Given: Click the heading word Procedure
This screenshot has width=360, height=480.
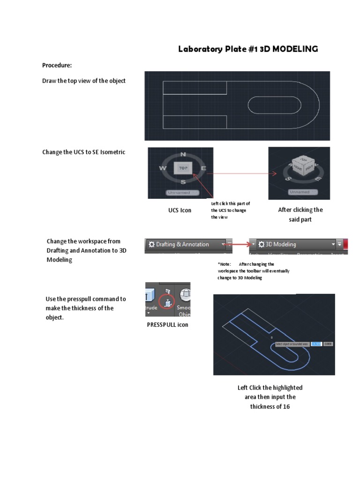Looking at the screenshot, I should tap(57, 65).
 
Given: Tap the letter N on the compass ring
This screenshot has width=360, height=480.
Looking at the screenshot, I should tap(183, 154).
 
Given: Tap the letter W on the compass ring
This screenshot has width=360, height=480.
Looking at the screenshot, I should tap(163, 168).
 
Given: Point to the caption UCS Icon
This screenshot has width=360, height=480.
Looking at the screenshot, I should tap(180, 210).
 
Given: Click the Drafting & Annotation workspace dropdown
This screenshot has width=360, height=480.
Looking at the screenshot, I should tap(185, 244).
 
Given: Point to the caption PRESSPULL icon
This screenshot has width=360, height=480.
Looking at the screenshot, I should tap(168, 325).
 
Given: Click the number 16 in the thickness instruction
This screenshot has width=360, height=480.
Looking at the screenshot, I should tap(286, 406).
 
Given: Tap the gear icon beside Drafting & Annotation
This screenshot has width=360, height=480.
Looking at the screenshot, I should tap(151, 244).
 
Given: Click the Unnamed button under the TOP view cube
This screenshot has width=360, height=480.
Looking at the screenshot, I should tap(183, 192).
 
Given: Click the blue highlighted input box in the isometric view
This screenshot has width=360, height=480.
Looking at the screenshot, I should tap(316, 344).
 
